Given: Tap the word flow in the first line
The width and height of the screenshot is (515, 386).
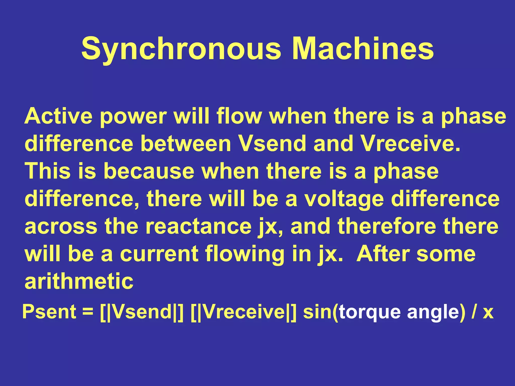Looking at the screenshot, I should [x=239, y=116].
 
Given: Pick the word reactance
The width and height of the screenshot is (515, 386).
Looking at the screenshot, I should [x=199, y=226].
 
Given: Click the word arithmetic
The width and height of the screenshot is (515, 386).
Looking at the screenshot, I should [x=79, y=281].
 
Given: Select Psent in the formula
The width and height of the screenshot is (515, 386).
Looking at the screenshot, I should [x=49, y=312].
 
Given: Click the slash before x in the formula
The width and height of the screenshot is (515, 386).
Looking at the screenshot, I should [x=474, y=312].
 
